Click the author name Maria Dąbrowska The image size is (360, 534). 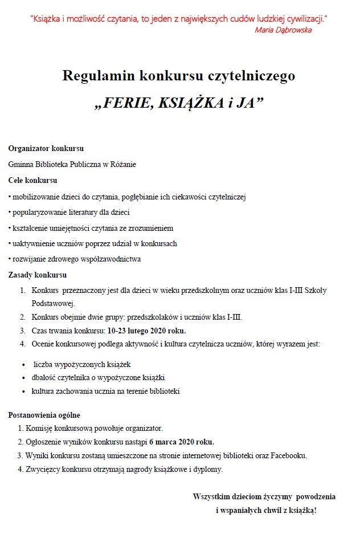coord(283,30)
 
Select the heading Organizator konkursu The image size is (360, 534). coord(46,149)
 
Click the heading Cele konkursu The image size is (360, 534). coord(33,181)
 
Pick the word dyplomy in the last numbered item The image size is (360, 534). coord(206,470)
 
